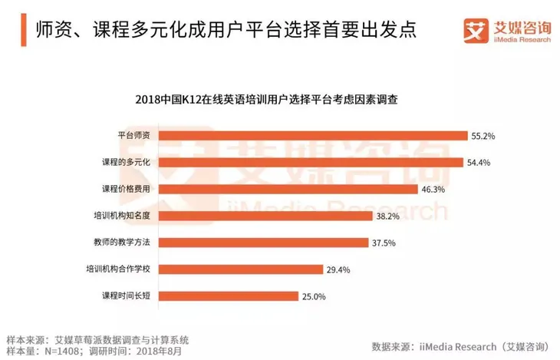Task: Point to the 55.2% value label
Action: pos(483,136)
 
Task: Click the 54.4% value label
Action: pos(479,162)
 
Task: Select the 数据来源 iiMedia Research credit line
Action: pos(460,345)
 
